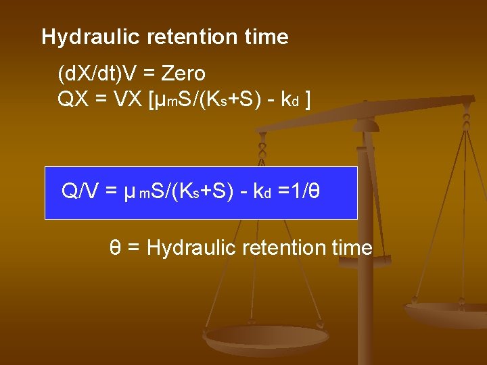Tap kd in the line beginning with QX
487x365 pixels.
289,100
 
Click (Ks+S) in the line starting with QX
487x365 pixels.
227,100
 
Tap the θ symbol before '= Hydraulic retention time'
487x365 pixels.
116,248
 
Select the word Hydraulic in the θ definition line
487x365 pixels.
181,248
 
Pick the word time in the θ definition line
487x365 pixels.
352,248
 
